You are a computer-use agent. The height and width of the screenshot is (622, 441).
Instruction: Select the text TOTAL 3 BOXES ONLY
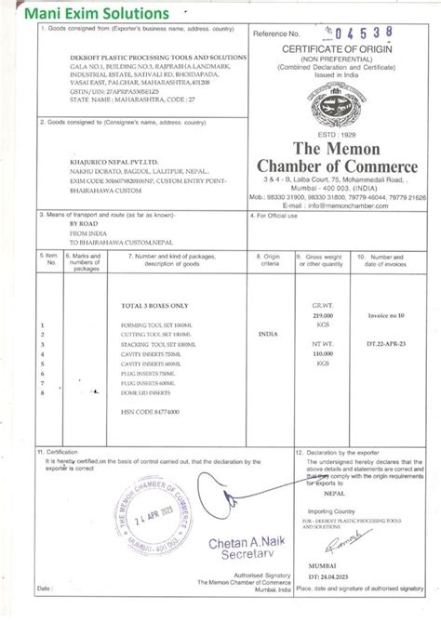click(154, 305)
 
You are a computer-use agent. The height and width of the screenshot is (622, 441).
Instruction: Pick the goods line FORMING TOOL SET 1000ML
click(154, 325)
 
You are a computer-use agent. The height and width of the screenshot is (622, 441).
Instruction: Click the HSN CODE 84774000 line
click(150, 411)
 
